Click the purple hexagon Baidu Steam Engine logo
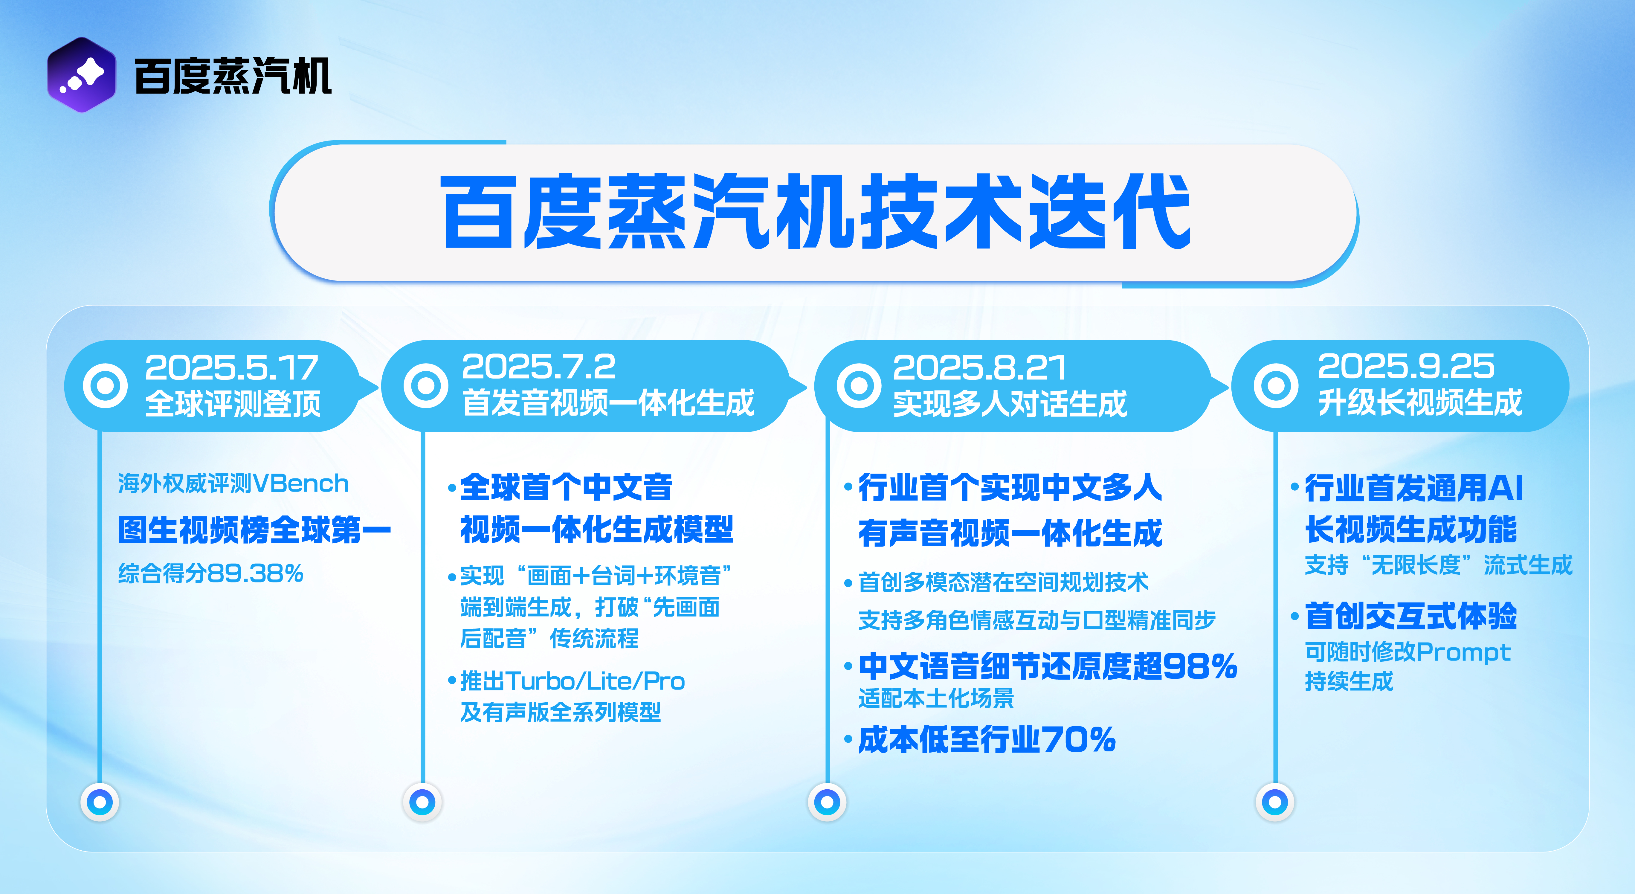coord(81,75)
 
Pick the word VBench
coord(300,484)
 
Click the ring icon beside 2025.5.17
coord(105,385)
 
